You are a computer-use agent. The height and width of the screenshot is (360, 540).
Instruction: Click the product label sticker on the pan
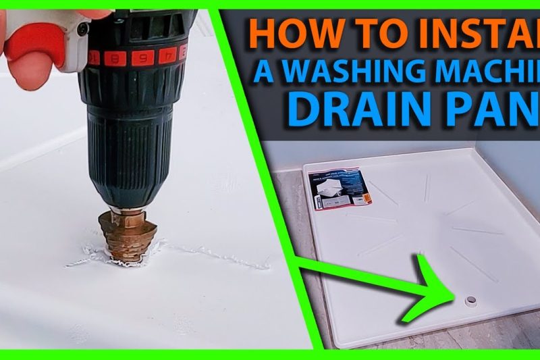(337, 188)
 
